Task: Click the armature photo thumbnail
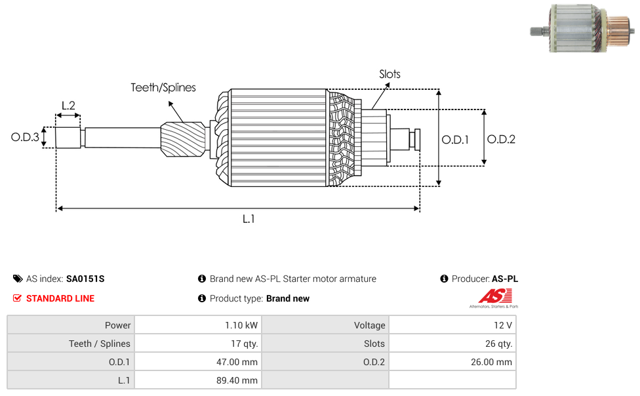[x=583, y=29]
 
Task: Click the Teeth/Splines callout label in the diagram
[x=163, y=87]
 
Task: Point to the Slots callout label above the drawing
[x=390, y=74]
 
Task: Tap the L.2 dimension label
[x=68, y=105]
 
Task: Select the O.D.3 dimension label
[x=25, y=138]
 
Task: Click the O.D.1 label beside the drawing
[x=455, y=139]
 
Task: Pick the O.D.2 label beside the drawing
[x=501, y=139]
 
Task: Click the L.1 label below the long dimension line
[x=248, y=219]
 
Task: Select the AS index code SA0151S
[x=85, y=279]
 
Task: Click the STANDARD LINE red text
[x=60, y=298]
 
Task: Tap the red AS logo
[x=493, y=296]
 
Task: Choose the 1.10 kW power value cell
[x=197, y=325]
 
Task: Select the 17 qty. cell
[x=197, y=344]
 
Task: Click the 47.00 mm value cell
[x=197, y=362]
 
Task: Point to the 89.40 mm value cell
[x=197, y=380]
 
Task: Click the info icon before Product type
[x=202, y=298]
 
